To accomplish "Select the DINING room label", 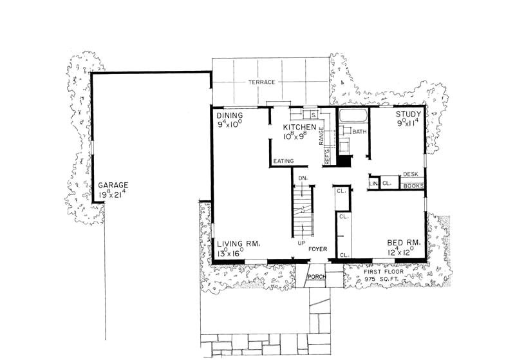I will pyautogui.click(x=230, y=114).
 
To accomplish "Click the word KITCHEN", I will pyautogui.click(x=300, y=128).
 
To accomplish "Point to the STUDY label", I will pyautogui.click(x=407, y=114).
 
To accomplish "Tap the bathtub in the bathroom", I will pyautogui.click(x=352, y=116).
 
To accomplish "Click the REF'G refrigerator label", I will pyautogui.click(x=327, y=156).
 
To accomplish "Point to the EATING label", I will pyautogui.click(x=283, y=160).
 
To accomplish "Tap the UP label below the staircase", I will pyautogui.click(x=301, y=243).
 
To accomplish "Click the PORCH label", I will pyautogui.click(x=315, y=277).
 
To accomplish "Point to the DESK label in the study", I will pyautogui.click(x=410, y=175).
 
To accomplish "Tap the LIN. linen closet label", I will pyautogui.click(x=373, y=184).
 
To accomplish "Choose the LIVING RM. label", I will pyautogui.click(x=238, y=243).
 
